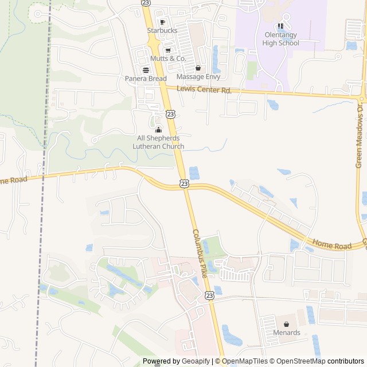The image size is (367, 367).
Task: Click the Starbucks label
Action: tap(162, 30)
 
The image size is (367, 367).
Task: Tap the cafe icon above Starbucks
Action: tap(162, 22)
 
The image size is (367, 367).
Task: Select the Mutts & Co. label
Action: tap(168, 58)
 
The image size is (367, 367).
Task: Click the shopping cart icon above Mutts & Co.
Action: tap(168, 50)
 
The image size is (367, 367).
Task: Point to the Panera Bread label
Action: tap(146, 79)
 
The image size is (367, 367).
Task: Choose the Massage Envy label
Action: tap(198, 76)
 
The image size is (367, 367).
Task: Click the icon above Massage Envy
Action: tap(198, 68)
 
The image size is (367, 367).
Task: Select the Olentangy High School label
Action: tap(282, 38)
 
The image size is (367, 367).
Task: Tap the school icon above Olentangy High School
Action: tap(281, 26)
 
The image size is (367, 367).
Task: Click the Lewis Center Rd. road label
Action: tap(204, 90)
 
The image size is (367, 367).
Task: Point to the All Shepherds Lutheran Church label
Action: tap(158, 142)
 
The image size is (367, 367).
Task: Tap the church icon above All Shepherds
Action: tap(158, 130)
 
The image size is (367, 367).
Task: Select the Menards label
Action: tap(287, 333)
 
